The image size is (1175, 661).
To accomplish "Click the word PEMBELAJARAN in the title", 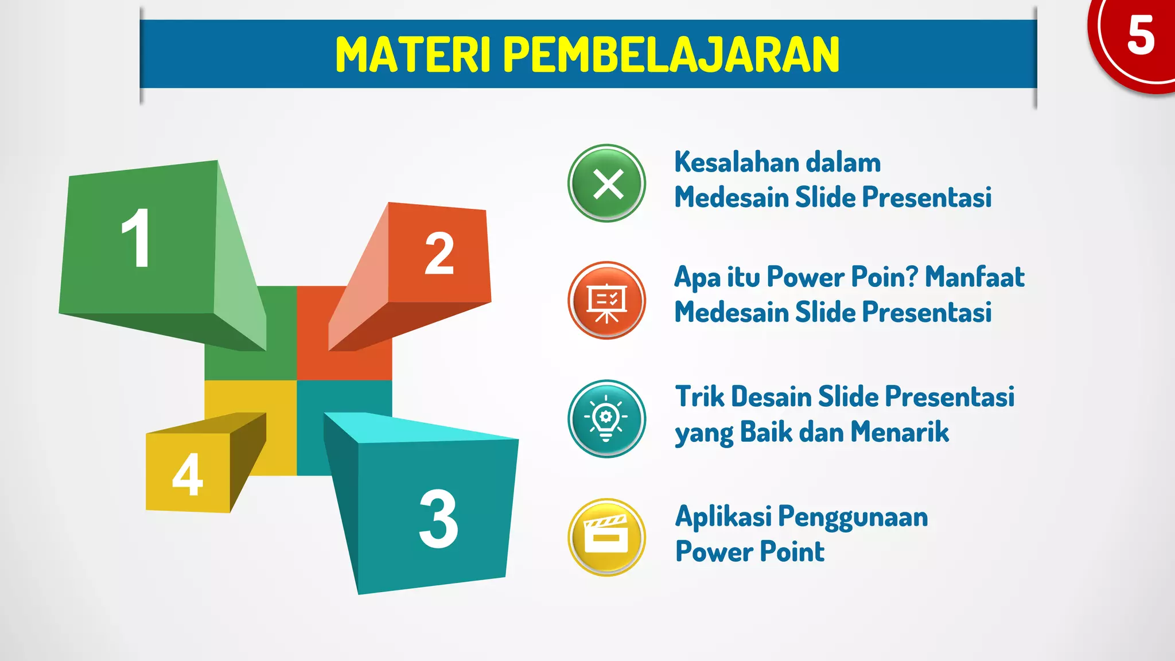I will [x=671, y=55].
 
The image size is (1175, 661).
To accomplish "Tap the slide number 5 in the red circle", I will [x=1140, y=36].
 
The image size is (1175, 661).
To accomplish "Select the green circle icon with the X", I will [x=607, y=184].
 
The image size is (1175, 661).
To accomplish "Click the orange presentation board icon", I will [x=607, y=301].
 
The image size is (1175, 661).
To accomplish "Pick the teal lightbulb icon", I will [x=607, y=419].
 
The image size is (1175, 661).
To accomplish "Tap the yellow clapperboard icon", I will [x=607, y=537].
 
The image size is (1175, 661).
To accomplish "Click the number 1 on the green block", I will [x=137, y=238].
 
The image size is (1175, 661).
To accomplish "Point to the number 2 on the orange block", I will [x=439, y=253].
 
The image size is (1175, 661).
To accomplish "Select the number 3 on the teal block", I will [x=439, y=519].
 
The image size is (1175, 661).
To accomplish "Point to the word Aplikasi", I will [x=723, y=516].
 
